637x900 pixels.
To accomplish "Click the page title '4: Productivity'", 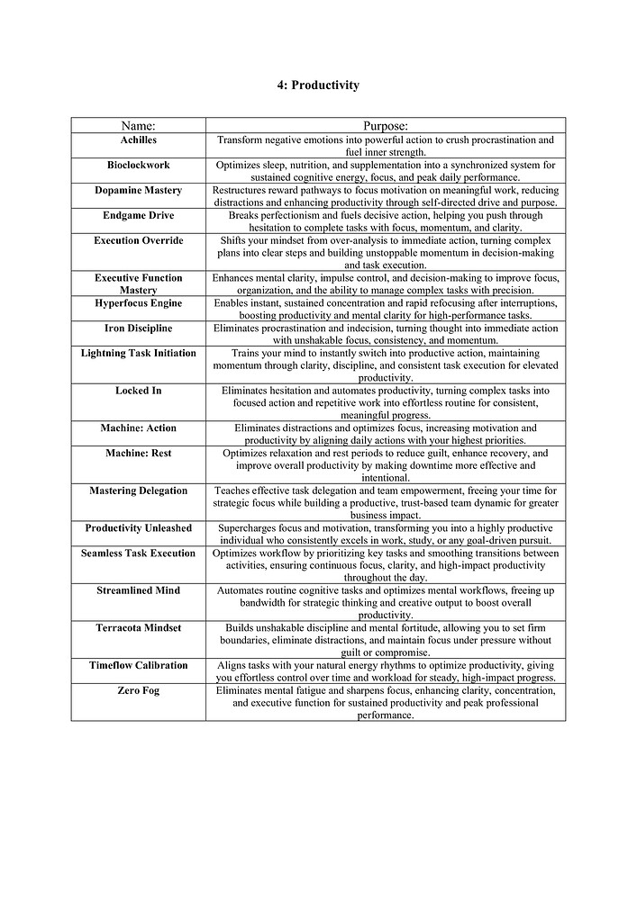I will click(318, 85).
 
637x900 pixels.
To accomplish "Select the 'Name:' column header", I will click(138, 126).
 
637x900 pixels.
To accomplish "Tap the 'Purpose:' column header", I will click(386, 126).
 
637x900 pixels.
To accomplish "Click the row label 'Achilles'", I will click(138, 140).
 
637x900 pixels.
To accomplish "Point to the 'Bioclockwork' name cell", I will click(138, 166).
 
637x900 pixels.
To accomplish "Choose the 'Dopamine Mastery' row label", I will click(138, 191).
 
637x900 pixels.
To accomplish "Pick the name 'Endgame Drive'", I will click(138, 216).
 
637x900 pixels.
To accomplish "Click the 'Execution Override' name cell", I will click(138, 241).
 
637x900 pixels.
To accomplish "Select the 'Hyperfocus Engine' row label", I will click(138, 303).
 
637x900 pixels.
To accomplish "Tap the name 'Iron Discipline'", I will click(138, 328).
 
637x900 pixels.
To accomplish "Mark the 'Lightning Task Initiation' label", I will click(138, 354).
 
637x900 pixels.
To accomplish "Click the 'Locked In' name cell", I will click(138, 391).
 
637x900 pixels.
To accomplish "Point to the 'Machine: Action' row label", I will click(138, 428).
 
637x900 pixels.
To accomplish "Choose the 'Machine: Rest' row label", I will click(138, 454).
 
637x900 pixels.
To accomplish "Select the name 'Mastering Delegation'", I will click(138, 491).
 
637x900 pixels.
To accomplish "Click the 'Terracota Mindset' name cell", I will click(138, 628).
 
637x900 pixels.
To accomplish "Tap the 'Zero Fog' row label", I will click(138, 690).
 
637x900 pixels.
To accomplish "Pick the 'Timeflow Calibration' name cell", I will click(138, 666).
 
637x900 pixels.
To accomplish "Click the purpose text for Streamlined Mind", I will click(386, 603).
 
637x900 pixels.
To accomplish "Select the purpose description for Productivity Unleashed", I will click(386, 534).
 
